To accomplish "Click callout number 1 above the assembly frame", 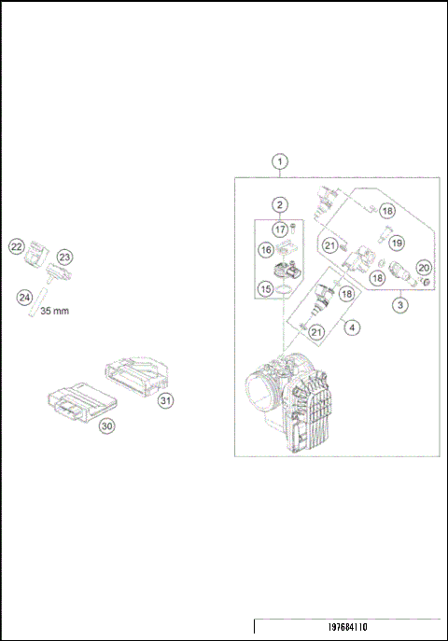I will point(281,160).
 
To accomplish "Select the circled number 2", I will point(279,204).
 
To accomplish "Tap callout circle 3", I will point(399,304).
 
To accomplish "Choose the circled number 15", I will point(265,290).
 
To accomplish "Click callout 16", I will point(265,250).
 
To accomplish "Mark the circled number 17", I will point(279,229).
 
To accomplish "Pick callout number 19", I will point(397,243).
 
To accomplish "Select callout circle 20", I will point(423,268).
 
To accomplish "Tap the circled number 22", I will point(16,246).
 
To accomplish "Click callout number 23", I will point(64,257).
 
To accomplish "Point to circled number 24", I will point(25,297).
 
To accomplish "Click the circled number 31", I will point(165,400).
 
